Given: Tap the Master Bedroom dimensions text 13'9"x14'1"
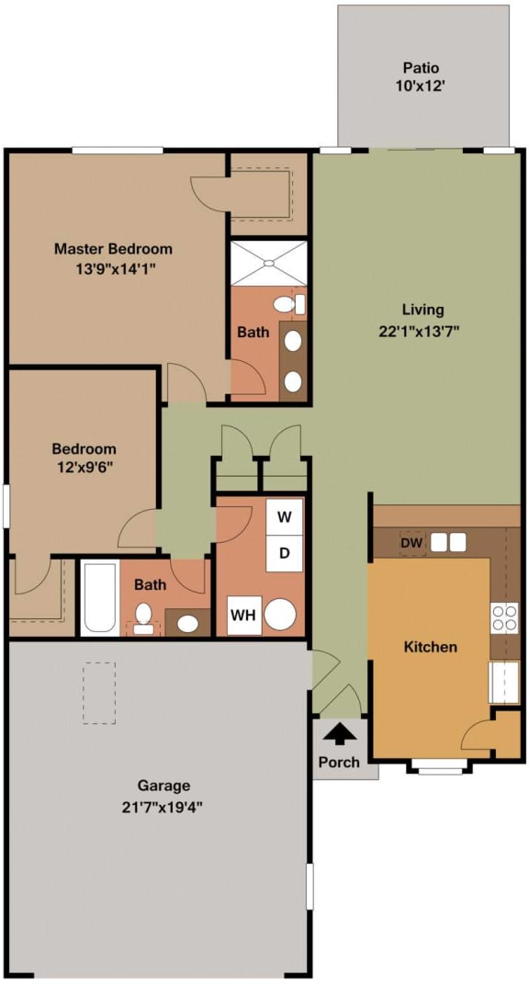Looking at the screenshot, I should pyautogui.click(x=113, y=268).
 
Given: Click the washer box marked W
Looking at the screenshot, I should pyautogui.click(x=285, y=517).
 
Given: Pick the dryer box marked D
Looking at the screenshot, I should pyautogui.click(x=285, y=553).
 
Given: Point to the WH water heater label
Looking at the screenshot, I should pyautogui.click(x=244, y=615).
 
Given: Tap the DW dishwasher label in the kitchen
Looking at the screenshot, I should pyautogui.click(x=411, y=542).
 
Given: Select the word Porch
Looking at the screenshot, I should pyautogui.click(x=339, y=762).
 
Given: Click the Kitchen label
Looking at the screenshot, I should pyautogui.click(x=430, y=647).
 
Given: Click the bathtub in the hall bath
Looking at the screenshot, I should pyautogui.click(x=99, y=598).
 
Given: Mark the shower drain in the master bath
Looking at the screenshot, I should pyautogui.click(x=269, y=264).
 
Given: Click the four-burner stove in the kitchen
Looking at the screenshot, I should pyautogui.click(x=504, y=617).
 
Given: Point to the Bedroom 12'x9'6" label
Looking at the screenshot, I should pyautogui.click(x=84, y=458).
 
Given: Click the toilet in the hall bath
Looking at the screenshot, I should pyautogui.click(x=143, y=616).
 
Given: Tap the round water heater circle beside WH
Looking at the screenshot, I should pyautogui.click(x=281, y=614).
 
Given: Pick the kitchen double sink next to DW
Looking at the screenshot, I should pyautogui.click(x=448, y=542).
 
